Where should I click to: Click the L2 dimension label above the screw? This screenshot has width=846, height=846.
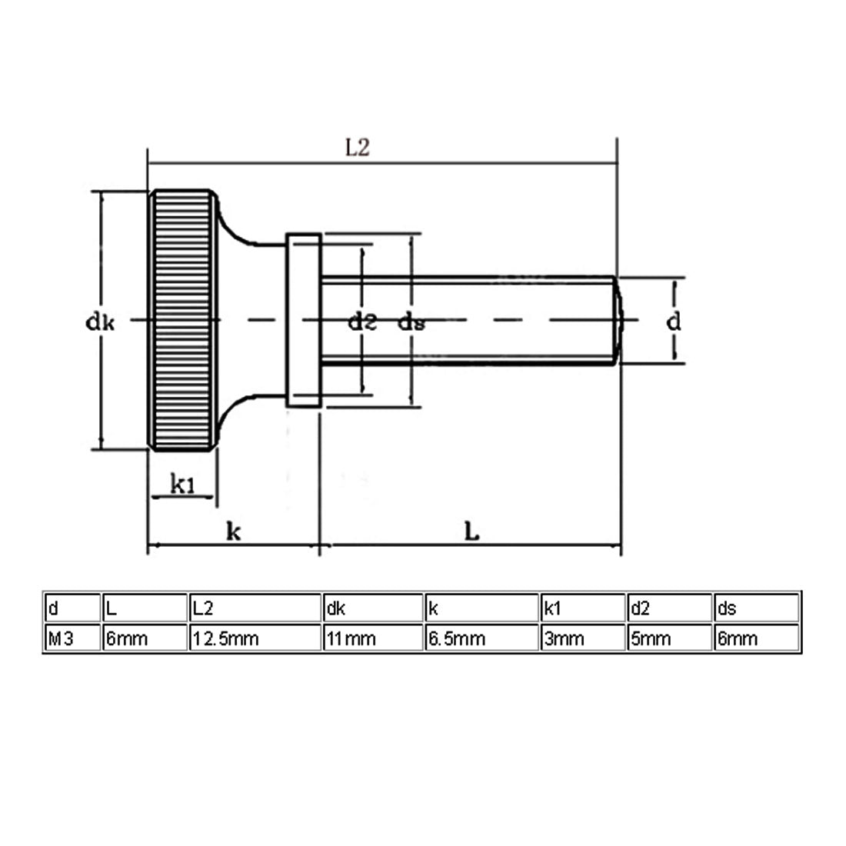click(x=358, y=148)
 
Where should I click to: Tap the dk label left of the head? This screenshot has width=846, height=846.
click(x=100, y=322)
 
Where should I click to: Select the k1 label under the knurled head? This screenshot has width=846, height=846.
click(x=182, y=484)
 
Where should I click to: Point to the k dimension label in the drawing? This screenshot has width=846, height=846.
click(x=233, y=531)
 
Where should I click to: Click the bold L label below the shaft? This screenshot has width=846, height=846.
click(x=471, y=532)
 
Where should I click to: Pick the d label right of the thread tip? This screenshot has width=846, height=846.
click(x=674, y=321)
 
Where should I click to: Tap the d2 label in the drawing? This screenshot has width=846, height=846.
click(x=362, y=321)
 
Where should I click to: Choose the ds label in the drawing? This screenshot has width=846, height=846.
click(x=411, y=322)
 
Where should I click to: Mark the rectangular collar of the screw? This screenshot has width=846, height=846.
click(x=304, y=320)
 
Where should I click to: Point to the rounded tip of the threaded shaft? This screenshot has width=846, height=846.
click(x=618, y=321)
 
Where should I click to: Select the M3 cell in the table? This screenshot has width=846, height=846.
click(x=61, y=639)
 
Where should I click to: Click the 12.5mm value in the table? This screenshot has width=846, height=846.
click(x=225, y=639)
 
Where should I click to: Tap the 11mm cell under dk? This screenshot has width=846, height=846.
click(x=351, y=639)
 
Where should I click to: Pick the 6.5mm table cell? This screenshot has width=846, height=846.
click(x=456, y=639)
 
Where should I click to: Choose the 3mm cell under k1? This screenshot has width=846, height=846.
click(x=564, y=639)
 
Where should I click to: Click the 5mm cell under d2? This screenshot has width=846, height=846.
click(x=651, y=639)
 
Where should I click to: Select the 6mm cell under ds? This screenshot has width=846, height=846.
click(x=738, y=639)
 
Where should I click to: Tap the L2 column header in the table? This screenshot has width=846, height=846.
click(x=203, y=608)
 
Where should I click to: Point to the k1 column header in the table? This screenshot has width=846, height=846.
click(x=552, y=608)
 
